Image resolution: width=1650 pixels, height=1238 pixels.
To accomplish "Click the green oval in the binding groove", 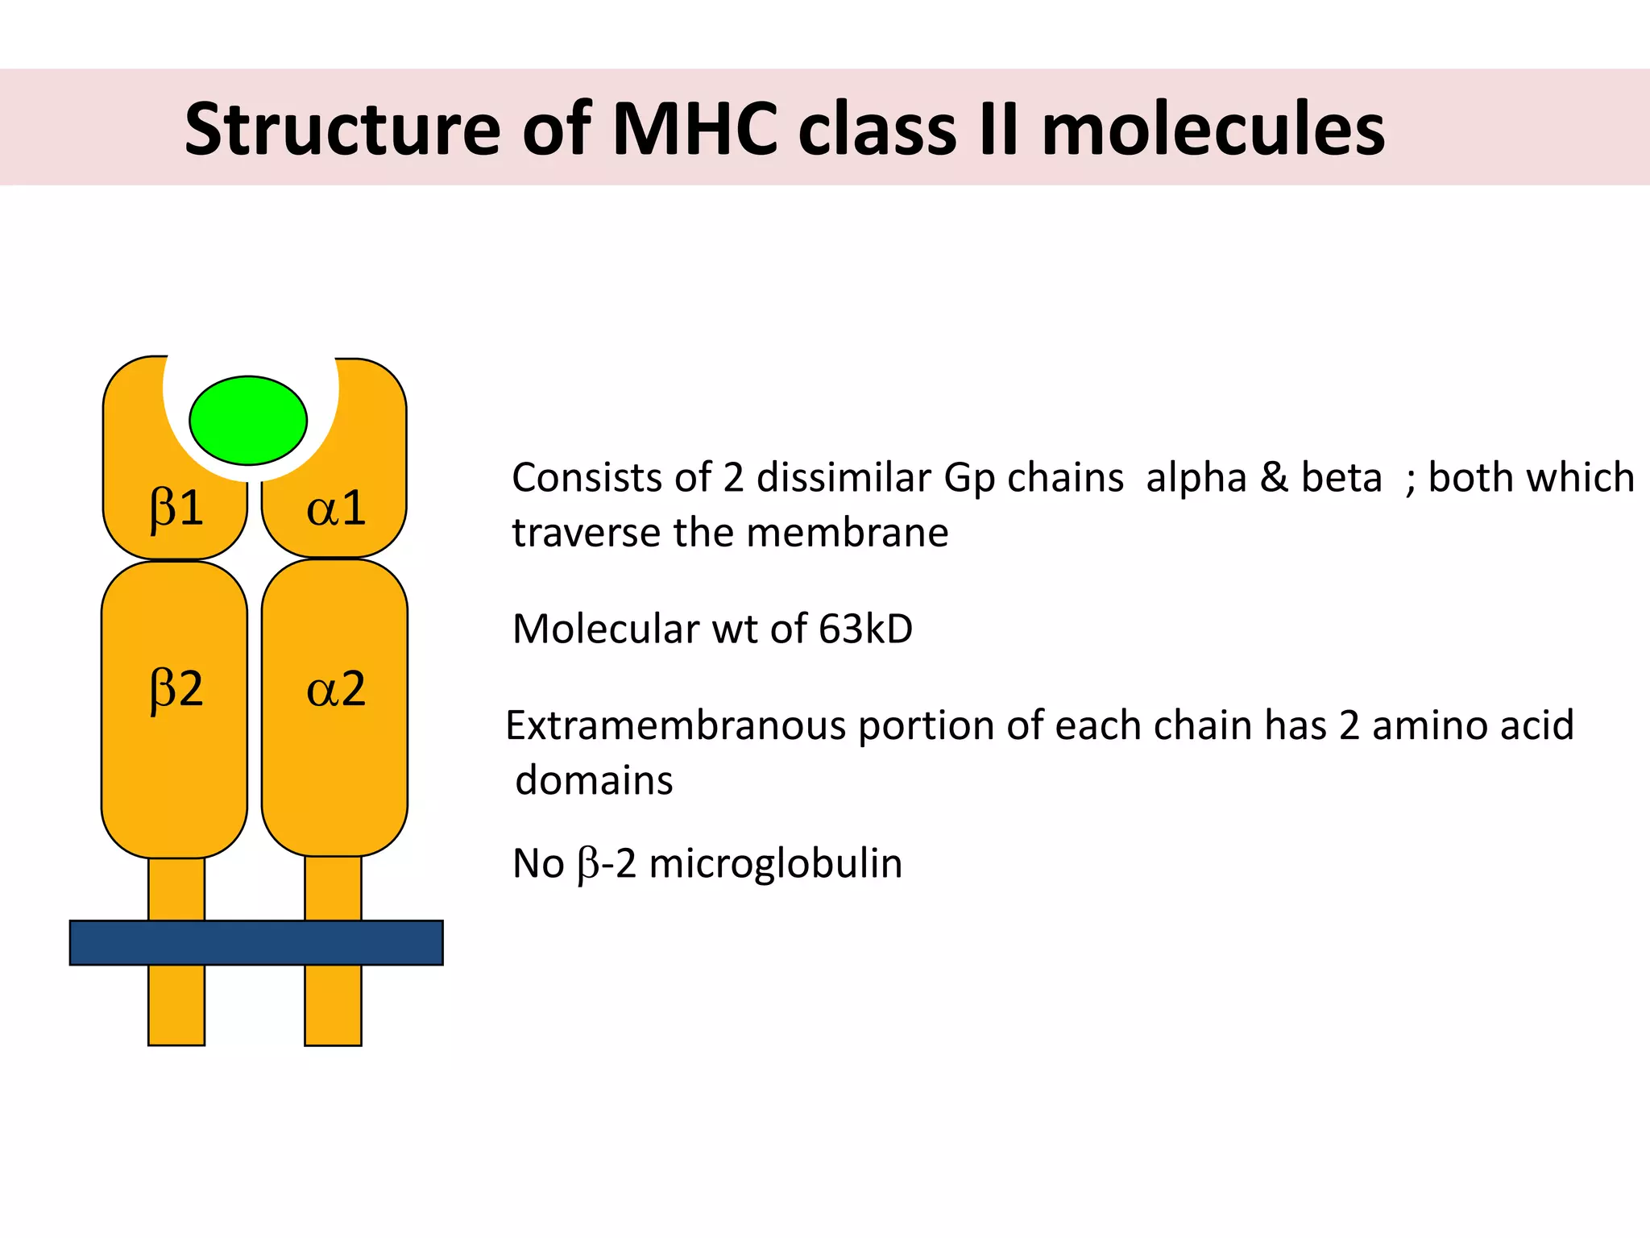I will (x=248, y=420).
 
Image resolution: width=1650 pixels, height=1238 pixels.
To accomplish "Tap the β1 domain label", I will (x=176, y=509).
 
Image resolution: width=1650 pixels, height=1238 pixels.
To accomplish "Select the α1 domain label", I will (x=336, y=509).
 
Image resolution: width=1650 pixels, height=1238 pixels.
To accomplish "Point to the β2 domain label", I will (x=176, y=690).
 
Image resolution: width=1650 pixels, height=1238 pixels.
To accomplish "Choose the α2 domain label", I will (x=336, y=690).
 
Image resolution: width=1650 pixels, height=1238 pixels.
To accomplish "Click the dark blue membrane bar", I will (x=256, y=942).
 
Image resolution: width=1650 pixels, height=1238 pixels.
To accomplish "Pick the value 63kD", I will (x=865, y=629).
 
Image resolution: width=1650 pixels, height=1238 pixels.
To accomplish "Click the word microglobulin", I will (x=775, y=863).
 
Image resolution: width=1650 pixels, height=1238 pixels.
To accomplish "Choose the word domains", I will (x=594, y=780).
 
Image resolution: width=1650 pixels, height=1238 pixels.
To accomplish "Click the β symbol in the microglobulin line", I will (x=588, y=865).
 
